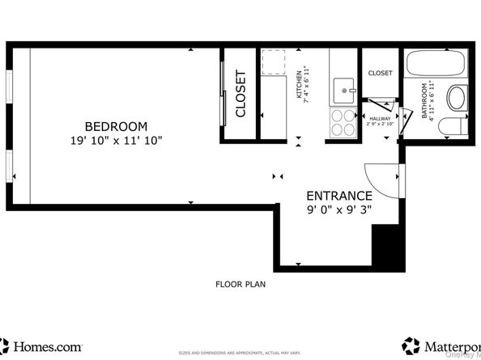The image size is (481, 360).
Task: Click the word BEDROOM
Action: (x=117, y=126)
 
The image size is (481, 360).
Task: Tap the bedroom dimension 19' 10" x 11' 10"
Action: (x=117, y=140)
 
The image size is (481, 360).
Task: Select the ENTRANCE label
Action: (x=338, y=196)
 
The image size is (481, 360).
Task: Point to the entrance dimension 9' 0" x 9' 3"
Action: (x=338, y=210)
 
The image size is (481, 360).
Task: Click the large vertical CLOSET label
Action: (x=240, y=94)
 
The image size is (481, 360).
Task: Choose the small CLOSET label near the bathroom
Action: (x=380, y=73)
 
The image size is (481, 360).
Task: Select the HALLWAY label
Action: (x=380, y=118)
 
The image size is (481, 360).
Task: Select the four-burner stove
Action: (x=343, y=124)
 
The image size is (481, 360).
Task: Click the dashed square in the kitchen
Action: (x=274, y=61)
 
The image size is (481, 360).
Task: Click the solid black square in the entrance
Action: (x=387, y=245)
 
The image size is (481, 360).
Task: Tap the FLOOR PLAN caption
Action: (x=240, y=284)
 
